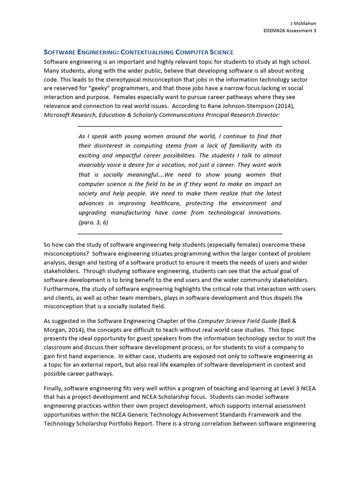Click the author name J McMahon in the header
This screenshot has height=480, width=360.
point(303,24)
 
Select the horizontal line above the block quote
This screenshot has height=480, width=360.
point(180,127)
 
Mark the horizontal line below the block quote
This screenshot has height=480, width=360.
point(180,233)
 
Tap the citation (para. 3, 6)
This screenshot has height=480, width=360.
point(93,222)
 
